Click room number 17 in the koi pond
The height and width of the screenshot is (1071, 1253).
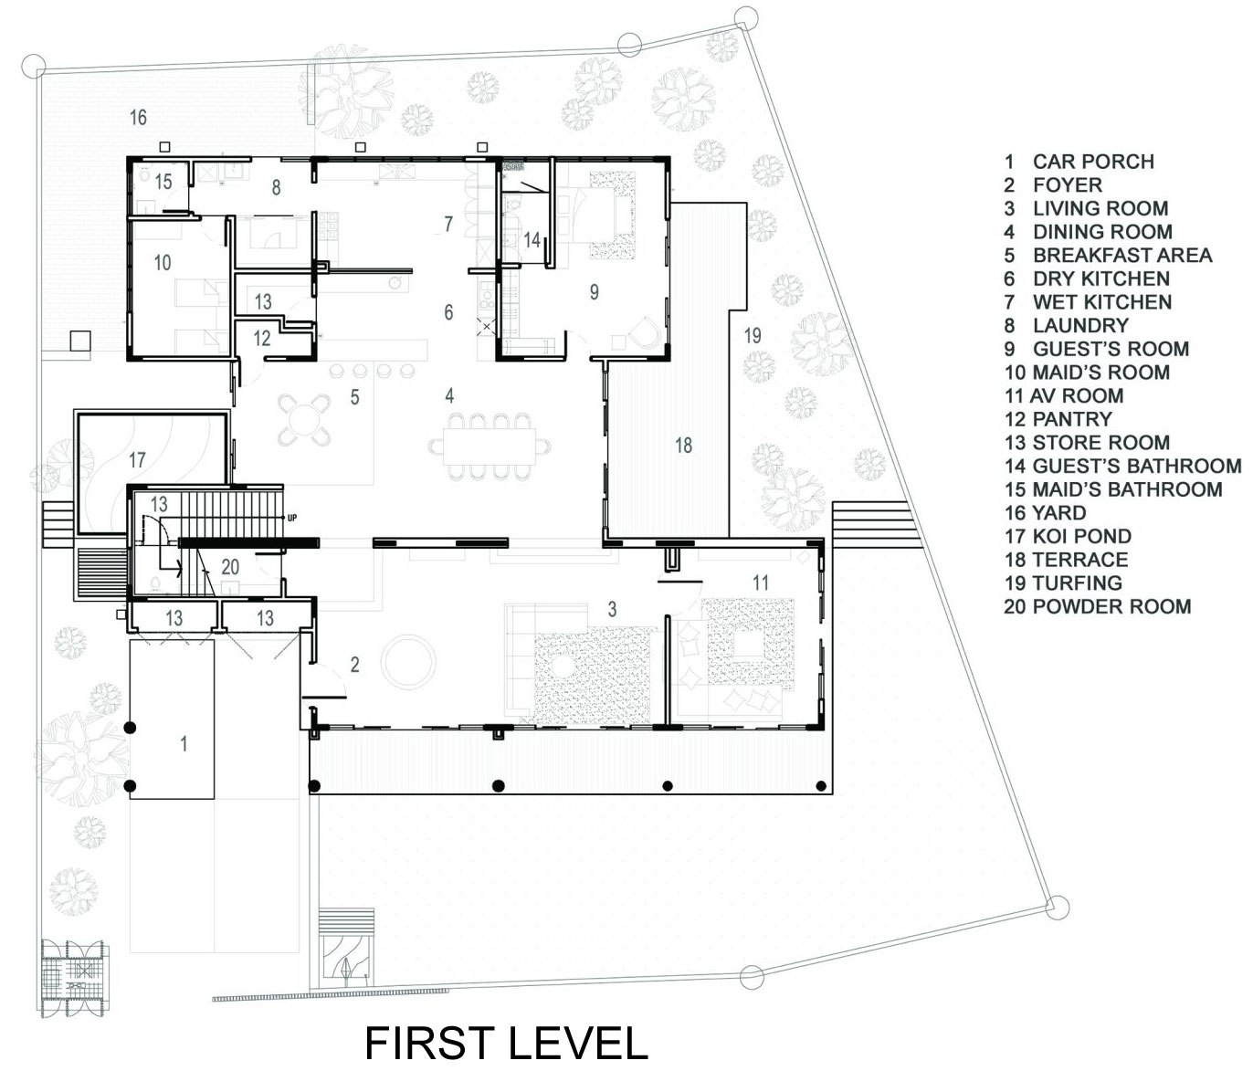pos(137,460)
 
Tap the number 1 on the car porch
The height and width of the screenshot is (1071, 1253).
pos(184,744)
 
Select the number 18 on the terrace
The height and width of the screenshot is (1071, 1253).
pos(683,446)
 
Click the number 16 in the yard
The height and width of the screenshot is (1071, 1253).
pos(138,117)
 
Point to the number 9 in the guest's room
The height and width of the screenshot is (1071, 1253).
pos(594,292)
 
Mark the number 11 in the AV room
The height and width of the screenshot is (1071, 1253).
pos(760,583)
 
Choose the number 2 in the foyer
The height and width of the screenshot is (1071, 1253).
pos(354,665)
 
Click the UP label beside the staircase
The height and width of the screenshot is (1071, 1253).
pos(292,519)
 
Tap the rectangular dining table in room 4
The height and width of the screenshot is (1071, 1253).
pos(490,446)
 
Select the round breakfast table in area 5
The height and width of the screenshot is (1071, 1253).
pos(304,417)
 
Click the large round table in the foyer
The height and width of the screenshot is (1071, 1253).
pos(408,661)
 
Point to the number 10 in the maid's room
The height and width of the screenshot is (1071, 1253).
pos(163,262)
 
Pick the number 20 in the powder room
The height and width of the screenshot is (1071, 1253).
pos(230,567)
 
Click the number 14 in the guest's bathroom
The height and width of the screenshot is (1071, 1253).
pos(532,240)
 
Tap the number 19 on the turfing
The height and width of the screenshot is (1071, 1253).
pos(753,335)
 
